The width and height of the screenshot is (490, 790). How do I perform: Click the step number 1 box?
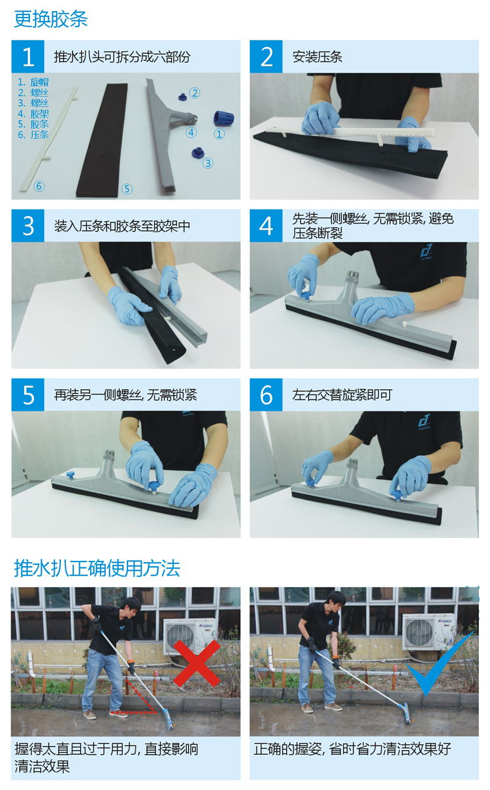(28, 56)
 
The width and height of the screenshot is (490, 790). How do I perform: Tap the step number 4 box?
(266, 226)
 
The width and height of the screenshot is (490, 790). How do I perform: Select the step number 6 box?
(266, 394)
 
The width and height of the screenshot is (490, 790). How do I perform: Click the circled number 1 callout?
(220, 134)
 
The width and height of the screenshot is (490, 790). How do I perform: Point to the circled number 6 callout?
(39, 186)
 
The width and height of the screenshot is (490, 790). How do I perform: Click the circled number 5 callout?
(127, 189)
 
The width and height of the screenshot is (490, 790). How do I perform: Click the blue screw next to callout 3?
(197, 152)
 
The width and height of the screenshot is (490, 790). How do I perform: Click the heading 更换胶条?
(51, 19)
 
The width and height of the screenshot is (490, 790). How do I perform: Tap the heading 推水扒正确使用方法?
(97, 569)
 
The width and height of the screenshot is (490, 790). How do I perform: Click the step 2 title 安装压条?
(317, 57)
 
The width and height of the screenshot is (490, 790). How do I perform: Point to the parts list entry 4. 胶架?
(33, 114)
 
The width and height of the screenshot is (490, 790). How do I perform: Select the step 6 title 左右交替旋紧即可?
(342, 395)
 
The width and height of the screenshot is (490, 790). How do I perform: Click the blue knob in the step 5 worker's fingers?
(155, 486)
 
